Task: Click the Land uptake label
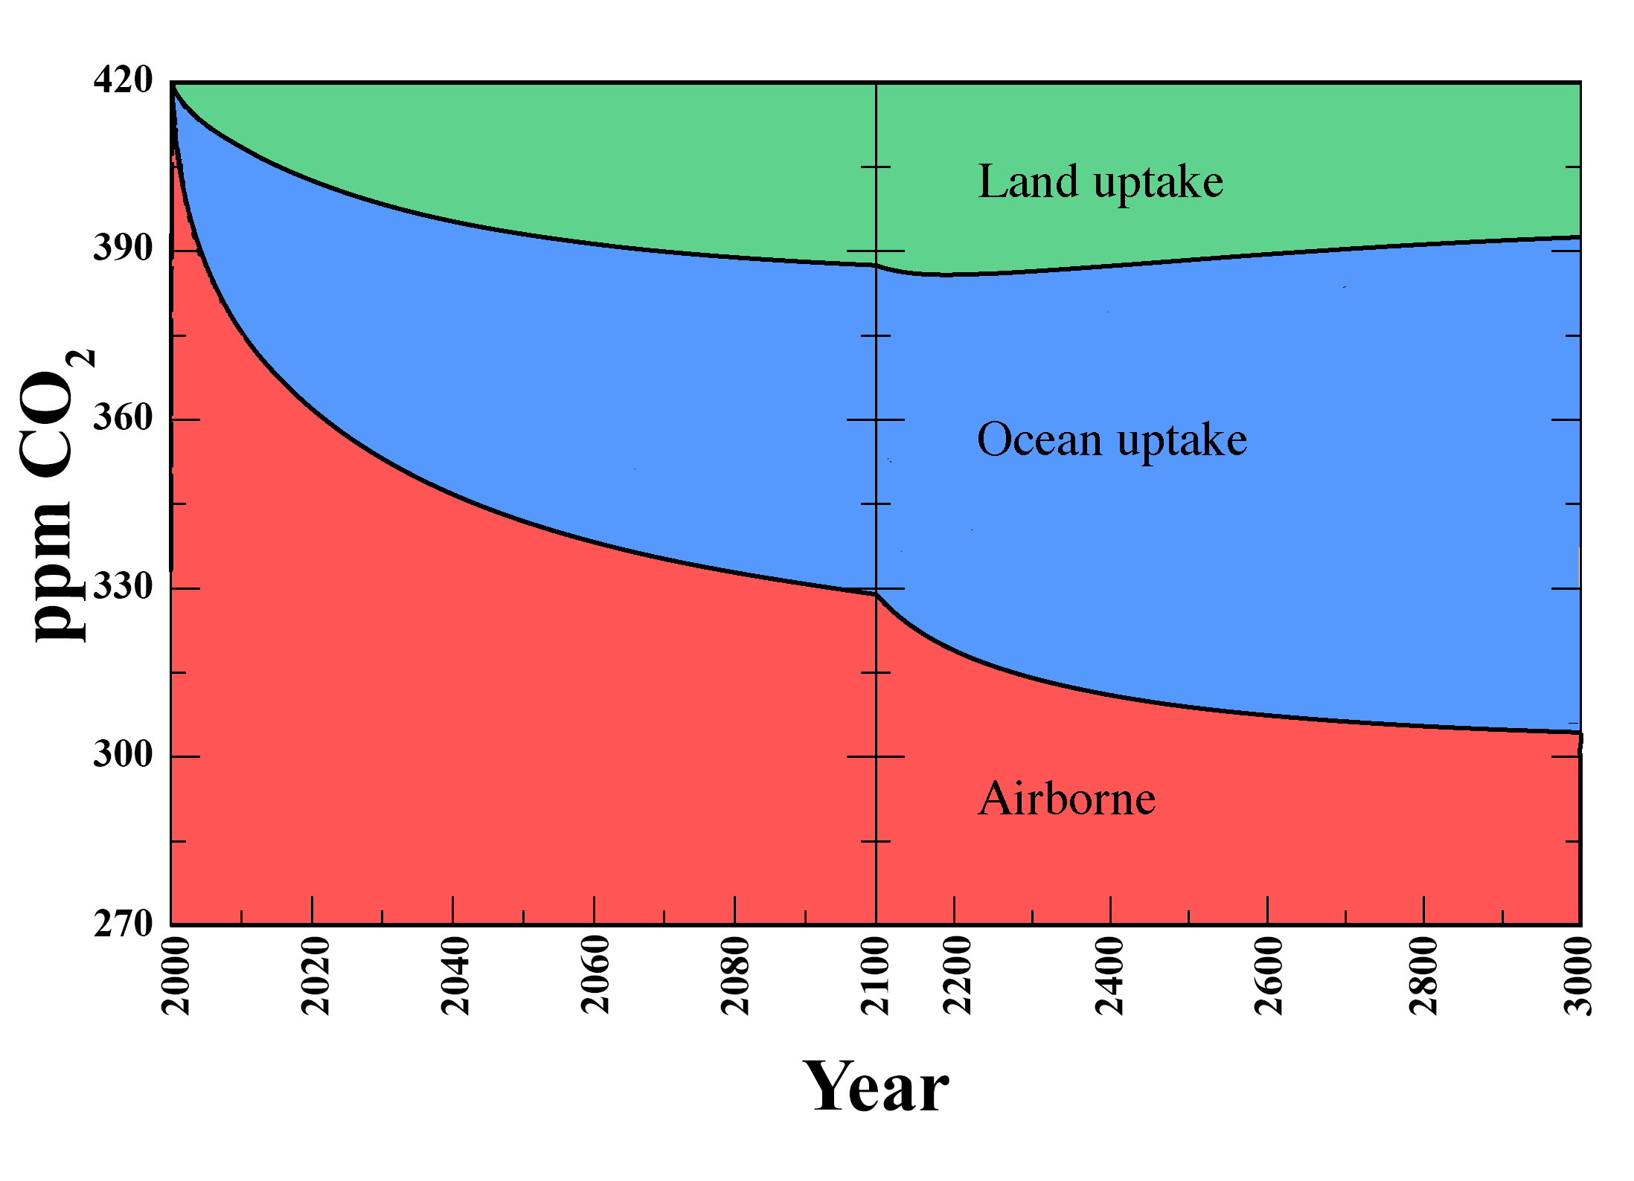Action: (1100, 182)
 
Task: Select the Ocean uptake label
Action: (1112, 440)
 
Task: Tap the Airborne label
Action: (1066, 799)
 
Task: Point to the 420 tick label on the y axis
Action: (123, 80)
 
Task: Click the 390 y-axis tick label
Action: (123, 248)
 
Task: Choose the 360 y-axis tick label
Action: (123, 417)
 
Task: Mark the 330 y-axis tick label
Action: (123, 587)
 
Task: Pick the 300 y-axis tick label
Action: (123, 755)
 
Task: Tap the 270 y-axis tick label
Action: (123, 924)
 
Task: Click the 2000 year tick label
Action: (176, 976)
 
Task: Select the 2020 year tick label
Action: (315, 976)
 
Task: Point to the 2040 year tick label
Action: (455, 976)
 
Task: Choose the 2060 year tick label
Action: (595, 976)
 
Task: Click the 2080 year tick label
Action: (736, 976)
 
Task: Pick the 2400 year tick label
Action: (1109, 976)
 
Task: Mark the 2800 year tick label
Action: (1423, 976)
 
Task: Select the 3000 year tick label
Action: (1578, 976)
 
